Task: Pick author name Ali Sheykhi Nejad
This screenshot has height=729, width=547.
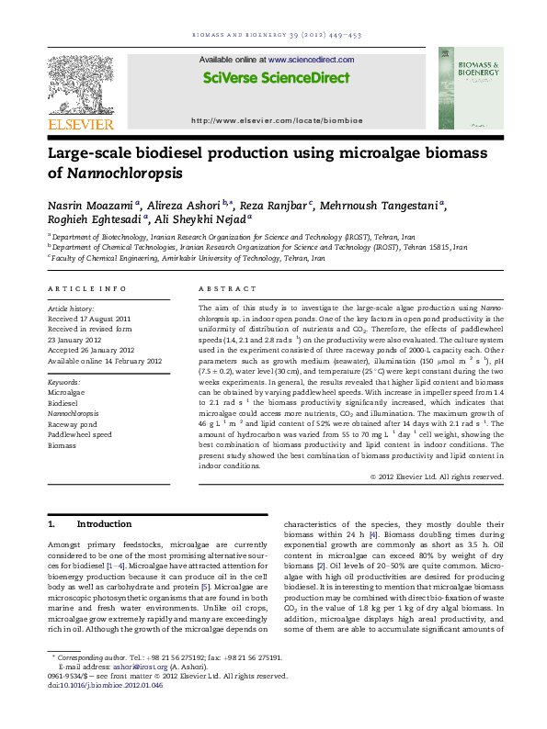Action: (184, 220)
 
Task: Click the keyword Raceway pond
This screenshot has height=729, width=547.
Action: (74, 424)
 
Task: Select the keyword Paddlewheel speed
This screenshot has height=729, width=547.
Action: (80, 434)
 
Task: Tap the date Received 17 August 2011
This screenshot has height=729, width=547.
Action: (88, 319)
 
